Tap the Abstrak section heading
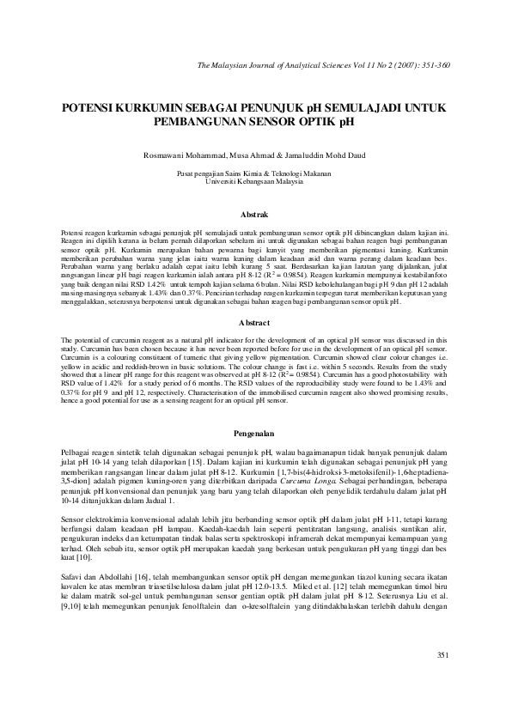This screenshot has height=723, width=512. [x=256, y=213]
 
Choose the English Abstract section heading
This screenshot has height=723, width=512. [x=256, y=322]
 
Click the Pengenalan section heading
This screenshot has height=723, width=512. [x=256, y=433]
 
